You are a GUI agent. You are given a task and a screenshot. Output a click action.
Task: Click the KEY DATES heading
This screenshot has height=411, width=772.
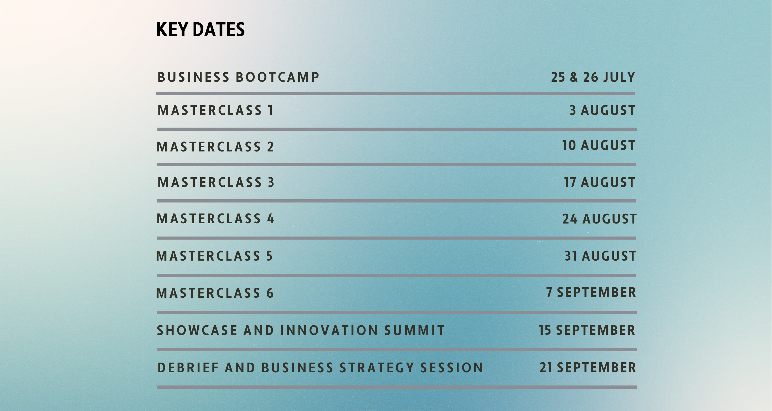coord(200,29)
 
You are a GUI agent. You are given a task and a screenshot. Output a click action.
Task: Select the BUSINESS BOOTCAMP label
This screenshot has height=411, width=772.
coord(239,77)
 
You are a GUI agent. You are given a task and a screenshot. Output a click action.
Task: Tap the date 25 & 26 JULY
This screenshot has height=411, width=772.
coord(593,77)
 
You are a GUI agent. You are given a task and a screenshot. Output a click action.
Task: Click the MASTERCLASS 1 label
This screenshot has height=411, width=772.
coord(215,110)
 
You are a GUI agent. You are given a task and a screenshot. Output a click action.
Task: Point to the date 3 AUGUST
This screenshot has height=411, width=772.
coord(602,110)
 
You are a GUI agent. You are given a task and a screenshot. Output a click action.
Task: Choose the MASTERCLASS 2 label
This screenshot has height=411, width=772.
coord(215,147)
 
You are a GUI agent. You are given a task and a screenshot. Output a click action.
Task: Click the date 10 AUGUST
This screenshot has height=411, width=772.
coord(599,145)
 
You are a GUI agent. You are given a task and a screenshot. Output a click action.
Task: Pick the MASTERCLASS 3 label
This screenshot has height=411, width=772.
coord(216,182)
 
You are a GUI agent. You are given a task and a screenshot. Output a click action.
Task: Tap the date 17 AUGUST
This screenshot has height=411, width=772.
coord(600,182)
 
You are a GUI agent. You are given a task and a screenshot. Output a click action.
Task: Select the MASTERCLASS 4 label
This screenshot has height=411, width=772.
coord(215,219)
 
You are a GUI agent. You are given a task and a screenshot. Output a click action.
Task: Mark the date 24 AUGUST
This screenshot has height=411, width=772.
coord(600,219)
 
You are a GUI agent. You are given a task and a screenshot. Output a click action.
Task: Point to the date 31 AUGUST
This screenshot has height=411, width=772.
coord(600,256)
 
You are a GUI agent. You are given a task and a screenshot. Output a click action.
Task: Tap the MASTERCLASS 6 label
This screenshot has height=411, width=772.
coord(215,293)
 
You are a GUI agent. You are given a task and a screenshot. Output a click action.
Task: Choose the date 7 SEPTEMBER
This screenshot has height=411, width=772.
coord(591,292)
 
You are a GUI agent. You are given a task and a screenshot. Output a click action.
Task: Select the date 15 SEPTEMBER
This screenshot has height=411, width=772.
coord(587,330)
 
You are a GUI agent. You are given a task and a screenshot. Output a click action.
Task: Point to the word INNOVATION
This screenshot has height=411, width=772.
coord(329,330)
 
